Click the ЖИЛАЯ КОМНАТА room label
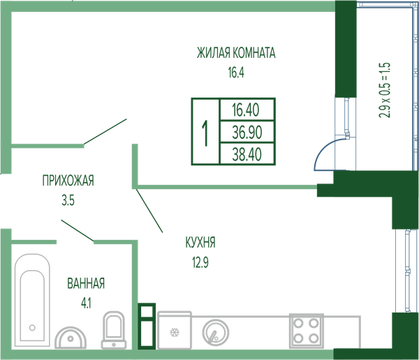click(236, 52)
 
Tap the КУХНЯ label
click(200, 243)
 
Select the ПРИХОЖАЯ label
click(68, 181)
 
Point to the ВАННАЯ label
click(86, 283)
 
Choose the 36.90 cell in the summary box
click(247, 132)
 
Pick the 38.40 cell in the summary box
click(247, 154)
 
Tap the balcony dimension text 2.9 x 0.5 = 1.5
click(385, 90)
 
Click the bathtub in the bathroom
click(32, 301)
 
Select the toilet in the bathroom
click(114, 330)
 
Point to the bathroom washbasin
click(71, 338)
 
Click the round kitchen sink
click(215, 333)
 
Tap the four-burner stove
click(307, 331)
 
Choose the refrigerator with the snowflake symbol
click(175, 330)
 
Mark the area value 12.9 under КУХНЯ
click(200, 262)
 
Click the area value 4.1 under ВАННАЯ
click(86, 303)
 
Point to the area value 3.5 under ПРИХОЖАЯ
click(68, 200)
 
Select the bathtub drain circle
click(32, 327)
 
